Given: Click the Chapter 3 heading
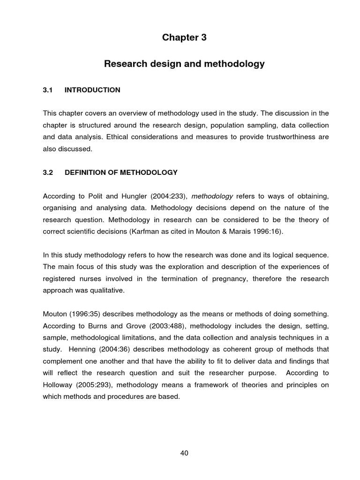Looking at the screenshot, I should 184,38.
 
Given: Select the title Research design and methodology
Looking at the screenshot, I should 184,64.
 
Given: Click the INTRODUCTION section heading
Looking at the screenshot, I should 92,90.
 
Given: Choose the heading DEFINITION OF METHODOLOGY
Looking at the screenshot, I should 121,172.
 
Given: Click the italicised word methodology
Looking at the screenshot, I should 212,196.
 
